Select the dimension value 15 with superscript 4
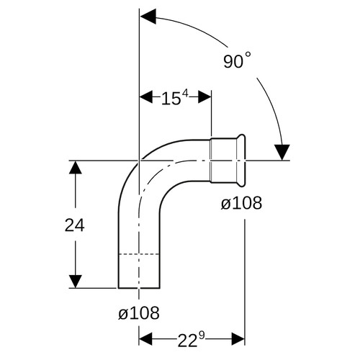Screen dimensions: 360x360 pos(174,97)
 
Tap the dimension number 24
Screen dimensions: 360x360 pos(75,225)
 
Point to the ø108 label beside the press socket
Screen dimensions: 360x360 pos(241,203)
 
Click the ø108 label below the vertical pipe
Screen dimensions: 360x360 pos(139,312)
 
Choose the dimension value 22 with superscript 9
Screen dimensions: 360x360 pos(192,339)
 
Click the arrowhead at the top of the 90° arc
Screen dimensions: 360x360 pos(148,17)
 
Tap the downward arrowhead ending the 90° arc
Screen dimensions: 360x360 pos(282,152)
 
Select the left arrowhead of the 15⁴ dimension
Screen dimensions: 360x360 pos(146,97)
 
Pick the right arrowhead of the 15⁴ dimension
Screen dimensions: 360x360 pos(204,97)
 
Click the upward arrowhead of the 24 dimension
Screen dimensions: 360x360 pos(76,167)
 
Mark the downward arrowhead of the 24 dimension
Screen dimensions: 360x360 pos(76,282)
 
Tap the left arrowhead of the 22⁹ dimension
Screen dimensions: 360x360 pos(145,339)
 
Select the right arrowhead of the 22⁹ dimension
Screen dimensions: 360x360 pos(238,339)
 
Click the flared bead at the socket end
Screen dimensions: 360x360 pos(241,160)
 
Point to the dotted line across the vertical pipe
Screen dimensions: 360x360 pos(139,253)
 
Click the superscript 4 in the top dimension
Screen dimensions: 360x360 pos(185,93)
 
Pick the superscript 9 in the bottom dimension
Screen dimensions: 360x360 pos(202,336)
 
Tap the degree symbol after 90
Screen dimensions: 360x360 pos(248,55)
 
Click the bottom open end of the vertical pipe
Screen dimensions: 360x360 pos(139,288)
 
